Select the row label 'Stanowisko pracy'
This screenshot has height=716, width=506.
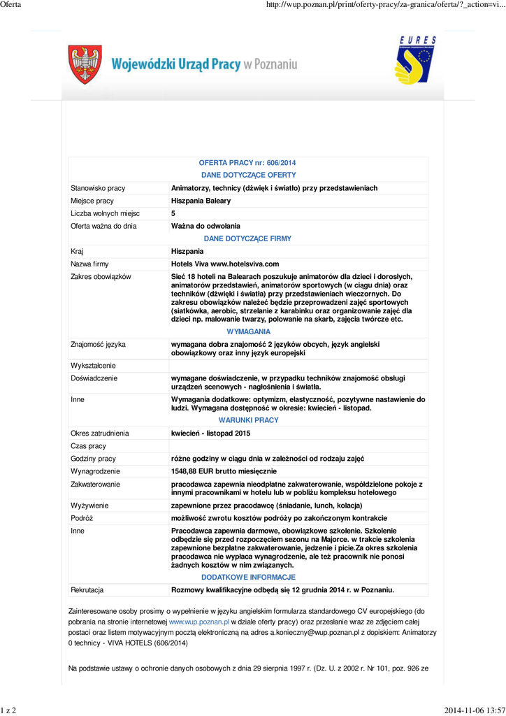pos(98,188)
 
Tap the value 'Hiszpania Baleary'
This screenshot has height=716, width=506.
pos(201,201)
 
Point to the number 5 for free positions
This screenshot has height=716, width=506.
pos(173,213)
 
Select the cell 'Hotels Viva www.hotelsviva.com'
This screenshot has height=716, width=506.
pos(225,264)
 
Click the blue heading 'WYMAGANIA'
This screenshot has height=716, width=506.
pos(248,331)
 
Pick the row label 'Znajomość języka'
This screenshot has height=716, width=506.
pos(98,344)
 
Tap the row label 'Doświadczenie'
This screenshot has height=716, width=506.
pos(94,378)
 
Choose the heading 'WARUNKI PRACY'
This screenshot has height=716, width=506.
pos(248,420)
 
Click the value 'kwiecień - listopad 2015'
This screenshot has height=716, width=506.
pos(210,433)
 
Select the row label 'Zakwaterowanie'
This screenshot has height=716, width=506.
pos(95,483)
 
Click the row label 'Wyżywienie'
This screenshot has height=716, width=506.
pos(90,505)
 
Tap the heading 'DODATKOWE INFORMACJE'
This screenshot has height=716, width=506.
pos(248,577)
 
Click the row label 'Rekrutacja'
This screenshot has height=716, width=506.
pos(87,589)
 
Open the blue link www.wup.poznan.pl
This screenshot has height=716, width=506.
pos(199,621)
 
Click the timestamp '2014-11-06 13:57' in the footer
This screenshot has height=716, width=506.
pos(473,710)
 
